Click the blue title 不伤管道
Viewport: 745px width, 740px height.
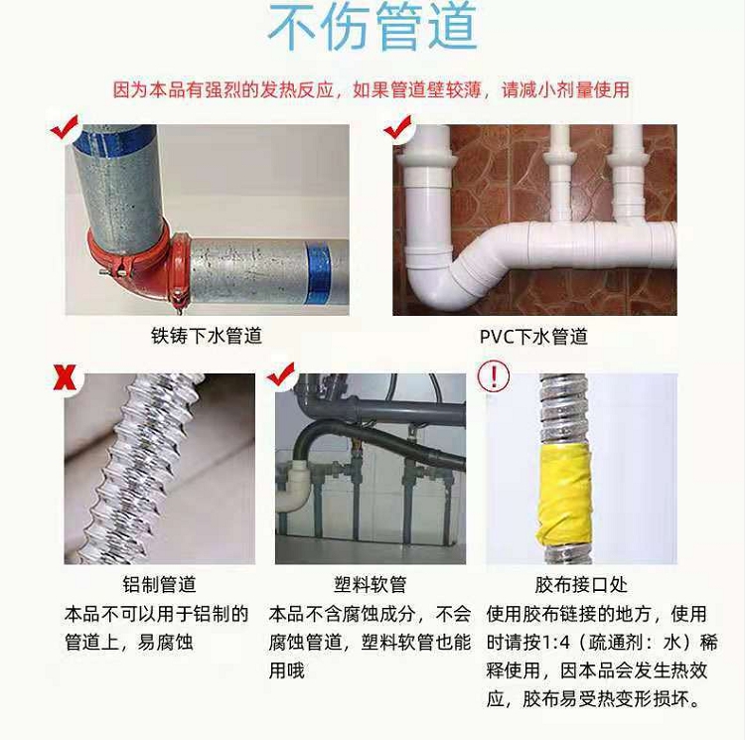click(x=372, y=27)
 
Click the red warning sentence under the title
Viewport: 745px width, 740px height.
click(x=372, y=89)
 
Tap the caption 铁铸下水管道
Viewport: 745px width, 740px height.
click(x=207, y=336)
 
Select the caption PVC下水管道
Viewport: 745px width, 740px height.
click(x=533, y=337)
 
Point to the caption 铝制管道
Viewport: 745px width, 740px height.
click(x=160, y=585)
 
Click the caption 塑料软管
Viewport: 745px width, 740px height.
click(x=371, y=585)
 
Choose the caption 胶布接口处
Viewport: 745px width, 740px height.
click(x=581, y=585)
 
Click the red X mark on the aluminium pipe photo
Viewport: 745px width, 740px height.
click(x=66, y=377)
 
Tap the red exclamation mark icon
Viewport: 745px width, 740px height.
click(x=494, y=376)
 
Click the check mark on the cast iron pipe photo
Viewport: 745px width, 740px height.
click(x=65, y=127)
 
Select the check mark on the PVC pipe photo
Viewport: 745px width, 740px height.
click(x=397, y=127)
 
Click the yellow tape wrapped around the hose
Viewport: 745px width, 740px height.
click(x=563, y=496)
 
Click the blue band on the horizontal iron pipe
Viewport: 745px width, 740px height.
click(x=319, y=272)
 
